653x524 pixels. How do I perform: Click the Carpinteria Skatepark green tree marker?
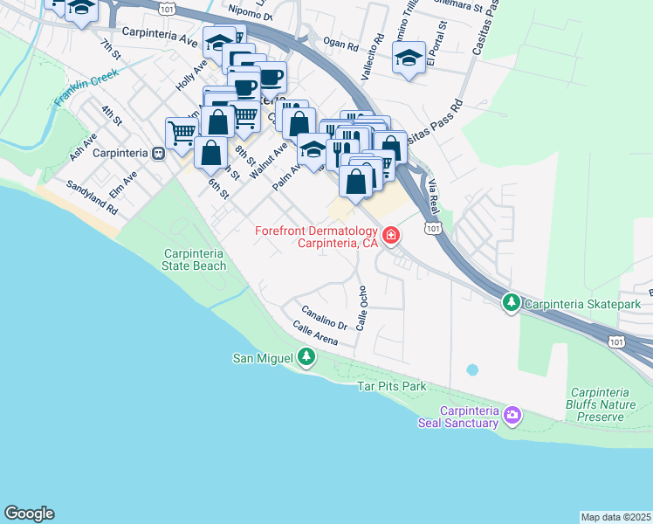click(x=511, y=303)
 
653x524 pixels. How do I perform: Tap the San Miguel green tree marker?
click(x=306, y=356)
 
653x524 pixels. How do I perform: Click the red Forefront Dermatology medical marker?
click(x=390, y=235)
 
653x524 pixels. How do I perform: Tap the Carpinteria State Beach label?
click(x=195, y=259)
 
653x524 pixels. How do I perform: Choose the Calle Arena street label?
click(x=315, y=333)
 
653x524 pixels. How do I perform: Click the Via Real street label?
click(x=432, y=196)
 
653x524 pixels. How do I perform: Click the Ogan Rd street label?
click(x=340, y=45)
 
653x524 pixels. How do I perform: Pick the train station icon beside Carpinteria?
click(x=157, y=153)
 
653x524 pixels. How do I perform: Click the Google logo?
click(x=29, y=514)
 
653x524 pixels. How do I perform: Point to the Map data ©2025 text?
click(x=615, y=517)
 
